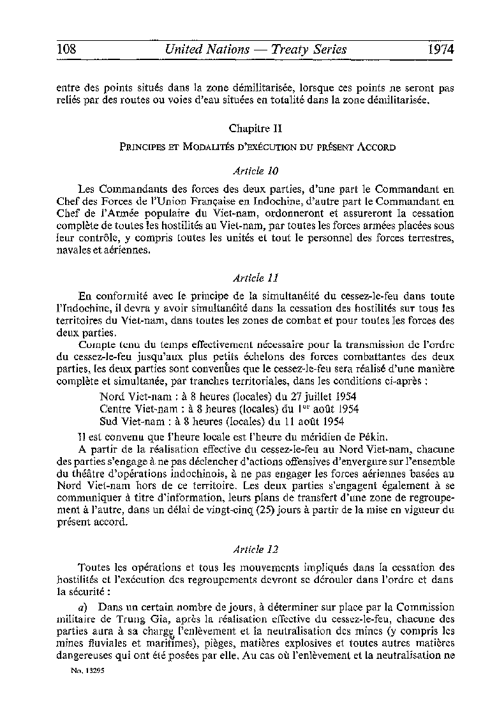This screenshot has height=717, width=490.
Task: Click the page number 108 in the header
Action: (67, 49)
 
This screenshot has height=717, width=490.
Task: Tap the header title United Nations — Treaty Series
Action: (255, 49)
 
